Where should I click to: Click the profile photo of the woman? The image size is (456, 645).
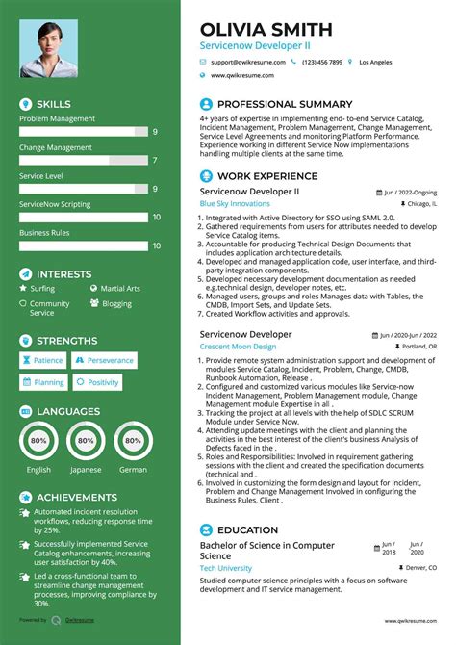point(48,45)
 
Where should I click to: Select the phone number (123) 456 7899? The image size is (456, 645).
point(321,62)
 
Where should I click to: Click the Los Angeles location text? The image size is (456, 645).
point(375,62)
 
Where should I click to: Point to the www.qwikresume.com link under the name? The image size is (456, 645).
point(242,75)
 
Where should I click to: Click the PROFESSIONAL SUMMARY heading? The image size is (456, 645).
point(285,104)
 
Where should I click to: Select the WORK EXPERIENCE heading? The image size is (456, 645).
point(267,176)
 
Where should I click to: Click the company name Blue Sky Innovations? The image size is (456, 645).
point(235,204)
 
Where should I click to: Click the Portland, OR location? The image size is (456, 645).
point(418,347)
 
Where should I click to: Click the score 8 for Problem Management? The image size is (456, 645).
point(156,130)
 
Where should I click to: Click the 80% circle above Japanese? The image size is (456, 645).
point(87,440)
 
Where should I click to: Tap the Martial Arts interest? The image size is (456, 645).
point(119,288)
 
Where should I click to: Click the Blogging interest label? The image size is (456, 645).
point(117,303)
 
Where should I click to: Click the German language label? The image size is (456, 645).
point(134,470)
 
